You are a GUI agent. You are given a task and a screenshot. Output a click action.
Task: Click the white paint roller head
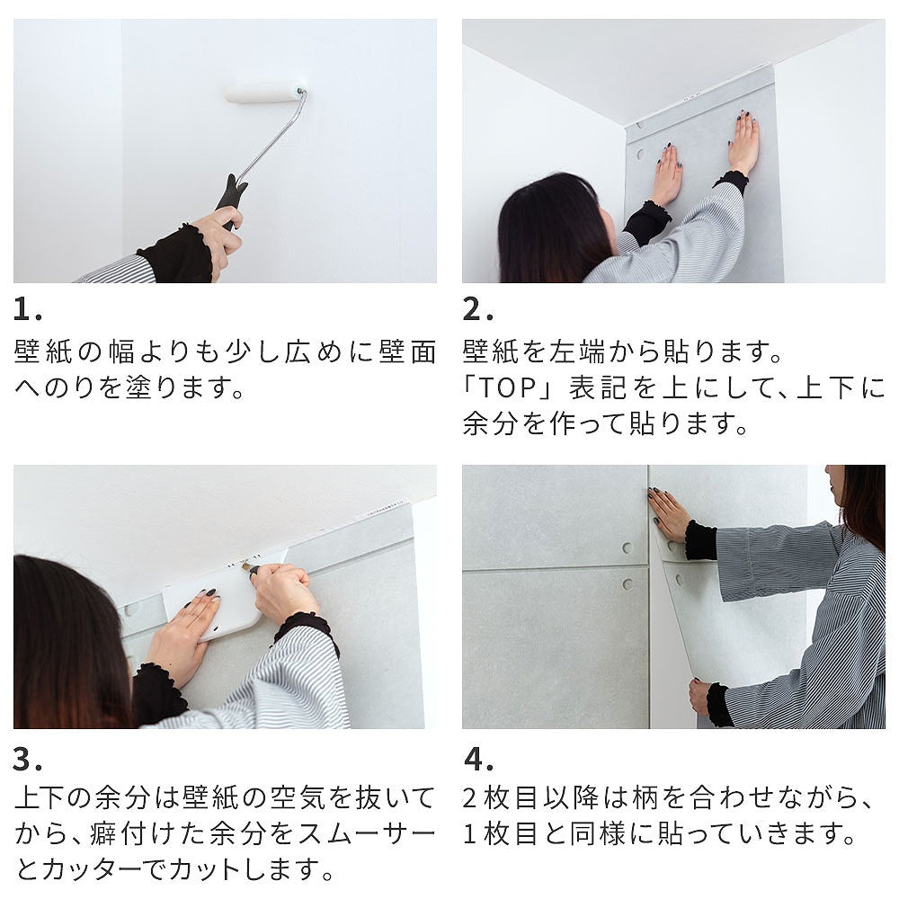[x=264, y=92]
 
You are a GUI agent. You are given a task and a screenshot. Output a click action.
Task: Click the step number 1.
[x=27, y=310]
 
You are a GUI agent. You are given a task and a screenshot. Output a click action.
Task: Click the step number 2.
[x=477, y=310]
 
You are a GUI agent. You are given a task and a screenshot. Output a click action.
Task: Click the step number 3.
[x=28, y=760]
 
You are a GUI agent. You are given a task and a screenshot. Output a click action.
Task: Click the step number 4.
[x=477, y=760]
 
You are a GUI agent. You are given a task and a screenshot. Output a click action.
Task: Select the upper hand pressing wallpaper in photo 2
[x=744, y=144]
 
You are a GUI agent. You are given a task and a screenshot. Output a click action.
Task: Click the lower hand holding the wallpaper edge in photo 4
[x=700, y=695]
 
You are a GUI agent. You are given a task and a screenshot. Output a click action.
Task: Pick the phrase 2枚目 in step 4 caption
[x=504, y=798]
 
